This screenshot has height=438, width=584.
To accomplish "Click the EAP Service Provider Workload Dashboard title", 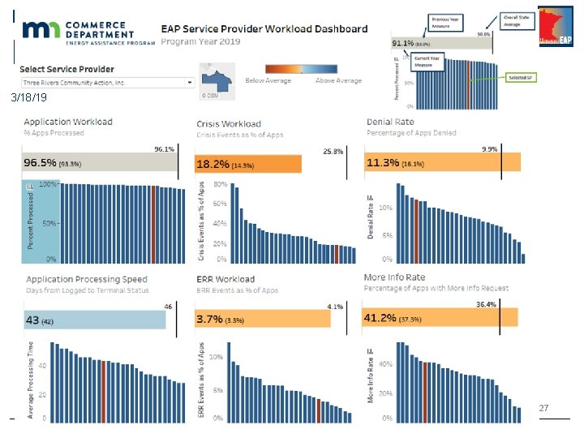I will (264, 29).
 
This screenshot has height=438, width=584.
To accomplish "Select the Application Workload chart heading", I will (69, 122).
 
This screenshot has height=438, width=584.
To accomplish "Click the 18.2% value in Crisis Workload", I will (213, 165).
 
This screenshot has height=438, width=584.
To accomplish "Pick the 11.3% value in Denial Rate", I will (383, 164).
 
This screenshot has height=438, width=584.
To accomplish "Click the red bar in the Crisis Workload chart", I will (337, 254).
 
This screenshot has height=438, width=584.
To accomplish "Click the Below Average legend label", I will (267, 81).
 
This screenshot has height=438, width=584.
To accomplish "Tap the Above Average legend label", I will (338, 81).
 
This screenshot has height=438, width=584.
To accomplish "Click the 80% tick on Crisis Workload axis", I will (220, 184).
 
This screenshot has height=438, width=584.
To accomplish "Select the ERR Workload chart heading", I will (225, 279).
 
